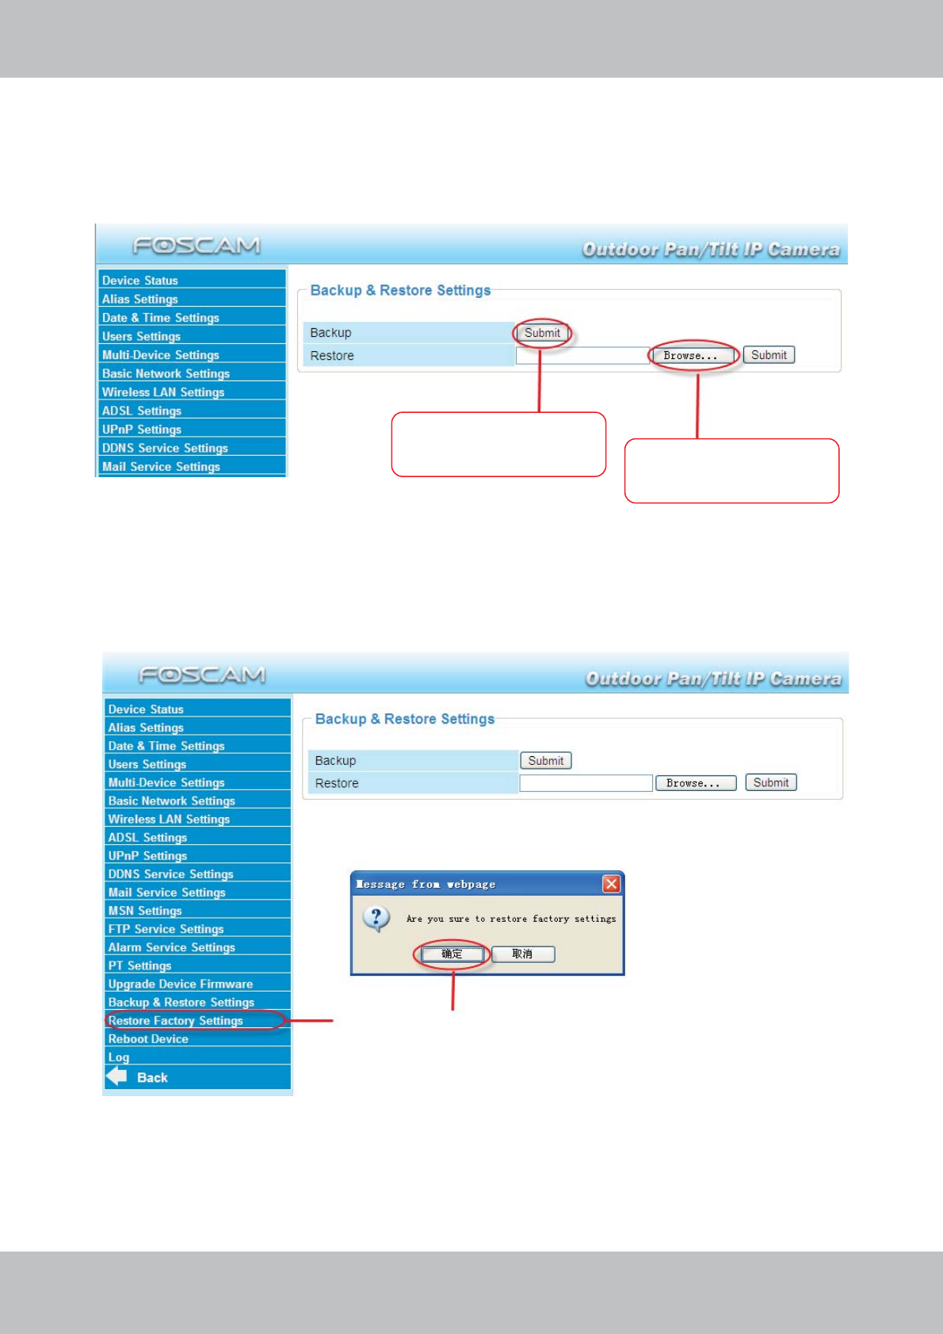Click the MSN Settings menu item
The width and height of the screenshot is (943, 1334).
coord(145,911)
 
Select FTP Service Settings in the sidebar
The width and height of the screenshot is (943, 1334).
coord(166,929)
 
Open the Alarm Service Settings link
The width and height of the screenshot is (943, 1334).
coord(171,947)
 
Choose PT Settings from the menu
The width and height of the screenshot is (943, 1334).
coord(139,965)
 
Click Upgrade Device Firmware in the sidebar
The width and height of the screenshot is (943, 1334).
coord(181,984)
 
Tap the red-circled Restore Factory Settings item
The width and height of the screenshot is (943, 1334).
coord(176,1020)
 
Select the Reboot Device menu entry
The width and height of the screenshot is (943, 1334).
coord(148,1038)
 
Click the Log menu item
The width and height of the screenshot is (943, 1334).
coord(119,1057)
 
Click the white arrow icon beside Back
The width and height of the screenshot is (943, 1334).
coord(116,1076)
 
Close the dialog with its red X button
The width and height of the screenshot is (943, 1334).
coord(611,884)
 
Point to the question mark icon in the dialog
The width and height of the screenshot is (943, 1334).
coord(376,919)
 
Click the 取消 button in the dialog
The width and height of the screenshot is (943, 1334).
coord(522,954)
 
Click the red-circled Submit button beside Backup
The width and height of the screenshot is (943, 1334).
coord(542,333)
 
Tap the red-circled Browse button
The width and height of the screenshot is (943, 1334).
coord(691,355)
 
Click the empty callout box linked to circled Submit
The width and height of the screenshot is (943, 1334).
coord(498,444)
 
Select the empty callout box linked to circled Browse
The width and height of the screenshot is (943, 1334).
coord(731,471)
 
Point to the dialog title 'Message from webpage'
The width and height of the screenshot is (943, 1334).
coord(426,884)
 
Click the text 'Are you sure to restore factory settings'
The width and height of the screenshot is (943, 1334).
coord(511,919)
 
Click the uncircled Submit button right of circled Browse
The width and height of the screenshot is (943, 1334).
coord(769,355)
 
